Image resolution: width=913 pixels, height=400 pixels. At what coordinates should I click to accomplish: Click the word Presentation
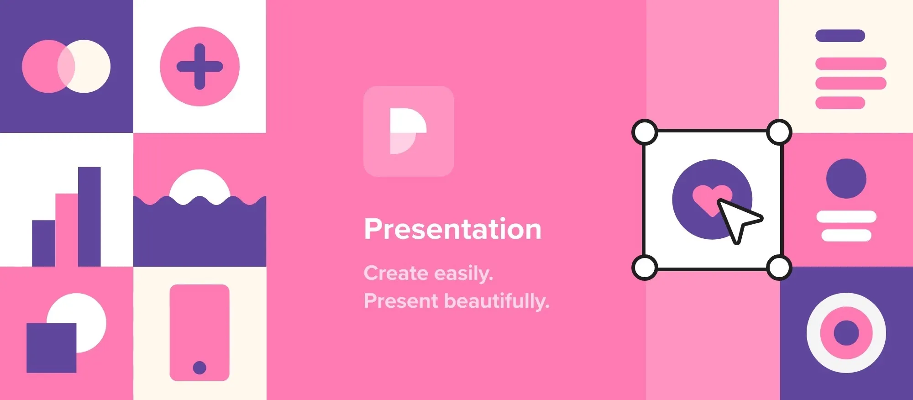click(x=452, y=229)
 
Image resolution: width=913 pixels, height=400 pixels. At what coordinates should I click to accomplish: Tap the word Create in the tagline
click(x=396, y=273)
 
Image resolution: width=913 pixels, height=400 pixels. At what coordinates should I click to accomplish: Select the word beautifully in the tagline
click(x=497, y=301)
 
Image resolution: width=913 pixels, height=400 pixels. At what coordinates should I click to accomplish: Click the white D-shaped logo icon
click(x=408, y=132)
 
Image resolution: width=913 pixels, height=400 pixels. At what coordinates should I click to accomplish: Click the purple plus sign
click(x=199, y=67)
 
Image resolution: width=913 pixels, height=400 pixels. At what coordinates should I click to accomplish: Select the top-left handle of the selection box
click(x=645, y=132)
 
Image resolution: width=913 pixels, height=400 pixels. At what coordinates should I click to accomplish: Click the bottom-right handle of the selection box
click(x=779, y=267)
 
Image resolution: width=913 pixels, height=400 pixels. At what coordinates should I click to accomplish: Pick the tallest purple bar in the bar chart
click(x=89, y=216)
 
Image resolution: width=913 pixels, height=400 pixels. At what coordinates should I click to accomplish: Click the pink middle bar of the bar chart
click(x=67, y=230)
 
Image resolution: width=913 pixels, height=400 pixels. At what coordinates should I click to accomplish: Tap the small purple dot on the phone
click(x=199, y=368)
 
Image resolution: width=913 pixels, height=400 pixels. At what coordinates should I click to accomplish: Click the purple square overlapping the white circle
click(x=52, y=348)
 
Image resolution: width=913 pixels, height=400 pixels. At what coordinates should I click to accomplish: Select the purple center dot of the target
click(x=846, y=333)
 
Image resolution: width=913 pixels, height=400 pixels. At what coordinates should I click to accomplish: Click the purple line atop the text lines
click(x=840, y=36)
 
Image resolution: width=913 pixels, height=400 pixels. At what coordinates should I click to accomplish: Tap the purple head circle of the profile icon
click(x=846, y=179)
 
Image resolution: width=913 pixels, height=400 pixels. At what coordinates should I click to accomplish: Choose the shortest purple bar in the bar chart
click(x=44, y=243)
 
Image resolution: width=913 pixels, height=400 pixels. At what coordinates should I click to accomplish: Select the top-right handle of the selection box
click(x=779, y=132)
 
